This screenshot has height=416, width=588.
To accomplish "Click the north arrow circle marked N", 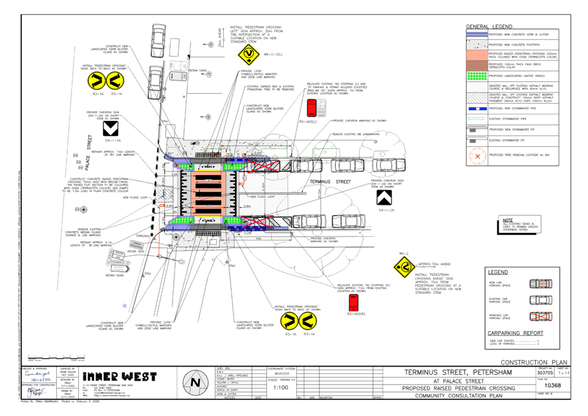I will (195, 383).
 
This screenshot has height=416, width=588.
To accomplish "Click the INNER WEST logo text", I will (120, 376).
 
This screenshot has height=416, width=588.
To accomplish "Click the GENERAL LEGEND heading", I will (489, 27).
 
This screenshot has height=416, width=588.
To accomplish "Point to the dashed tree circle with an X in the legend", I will (477, 156).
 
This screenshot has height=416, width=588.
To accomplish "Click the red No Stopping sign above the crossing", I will (312, 107).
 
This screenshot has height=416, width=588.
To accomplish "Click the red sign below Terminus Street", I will (354, 302).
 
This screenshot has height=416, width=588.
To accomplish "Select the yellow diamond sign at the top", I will (248, 55).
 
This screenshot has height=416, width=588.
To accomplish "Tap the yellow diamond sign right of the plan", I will (404, 266).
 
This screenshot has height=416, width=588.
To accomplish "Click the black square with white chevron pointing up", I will (384, 198).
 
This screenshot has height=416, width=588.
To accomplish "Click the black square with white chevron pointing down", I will (111, 129).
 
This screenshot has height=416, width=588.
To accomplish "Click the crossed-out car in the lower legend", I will (541, 316).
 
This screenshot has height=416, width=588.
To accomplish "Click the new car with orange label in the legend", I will (541, 284).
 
